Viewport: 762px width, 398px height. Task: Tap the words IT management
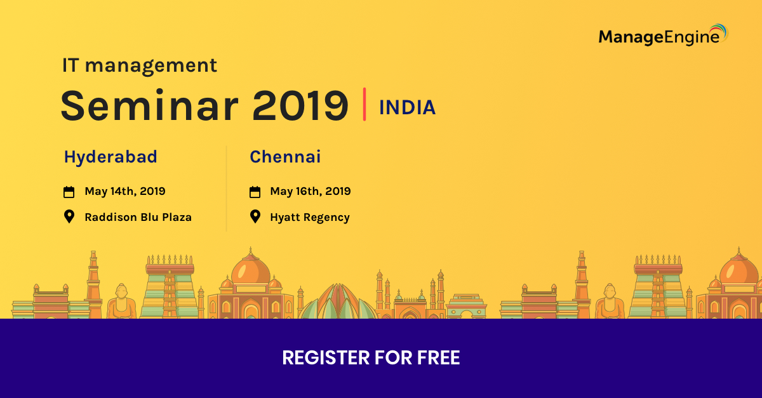140,65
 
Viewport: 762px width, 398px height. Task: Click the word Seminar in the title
150,105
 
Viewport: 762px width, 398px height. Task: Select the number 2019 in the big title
300,105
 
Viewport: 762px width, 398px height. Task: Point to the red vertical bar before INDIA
364,105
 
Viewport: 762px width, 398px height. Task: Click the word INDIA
407,108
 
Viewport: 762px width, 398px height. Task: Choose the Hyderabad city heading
110,157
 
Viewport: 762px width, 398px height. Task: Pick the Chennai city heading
285,157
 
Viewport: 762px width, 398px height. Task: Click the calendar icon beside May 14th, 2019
69,192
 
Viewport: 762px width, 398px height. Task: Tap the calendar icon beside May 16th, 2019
255,192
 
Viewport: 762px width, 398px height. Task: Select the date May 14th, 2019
125,191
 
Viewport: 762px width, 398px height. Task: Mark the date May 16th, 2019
311,191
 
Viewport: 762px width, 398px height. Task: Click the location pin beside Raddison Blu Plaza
69,216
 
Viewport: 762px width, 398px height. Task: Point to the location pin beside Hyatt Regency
255,216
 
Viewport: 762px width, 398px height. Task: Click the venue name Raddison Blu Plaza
138,217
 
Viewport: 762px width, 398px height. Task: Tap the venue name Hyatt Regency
310,217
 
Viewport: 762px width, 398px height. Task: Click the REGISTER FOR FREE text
371,358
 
